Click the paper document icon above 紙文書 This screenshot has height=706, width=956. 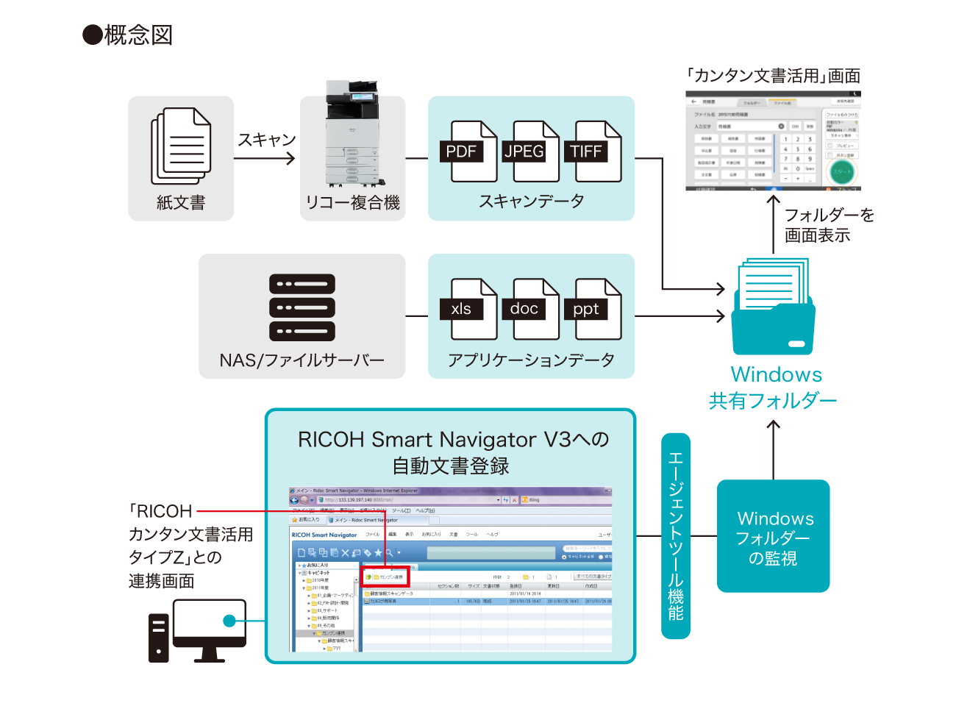click(181, 146)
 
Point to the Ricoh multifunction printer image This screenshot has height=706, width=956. click(352, 134)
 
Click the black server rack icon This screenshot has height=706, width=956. click(302, 307)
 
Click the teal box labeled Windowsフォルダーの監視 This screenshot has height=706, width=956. click(773, 536)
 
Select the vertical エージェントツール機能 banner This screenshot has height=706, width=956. click(675, 535)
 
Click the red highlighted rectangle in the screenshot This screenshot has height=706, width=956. click(385, 576)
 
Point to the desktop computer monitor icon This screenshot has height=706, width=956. click(210, 627)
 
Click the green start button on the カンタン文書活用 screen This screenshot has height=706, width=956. click(841, 171)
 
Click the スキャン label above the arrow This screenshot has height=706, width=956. click(266, 140)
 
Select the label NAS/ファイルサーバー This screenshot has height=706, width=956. click(302, 360)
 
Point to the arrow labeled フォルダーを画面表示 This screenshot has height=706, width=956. click(773, 224)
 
